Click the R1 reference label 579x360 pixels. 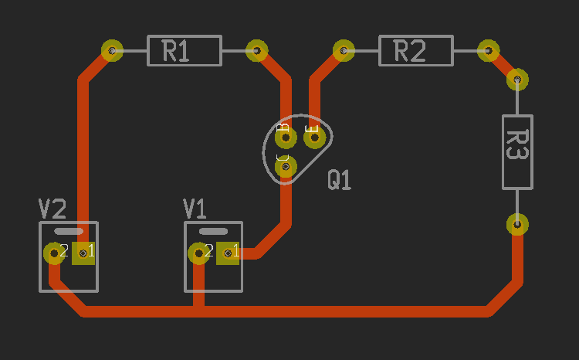click(176, 52)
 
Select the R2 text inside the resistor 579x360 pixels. click(410, 52)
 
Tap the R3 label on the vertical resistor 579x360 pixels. click(516, 144)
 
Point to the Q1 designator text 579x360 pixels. click(340, 181)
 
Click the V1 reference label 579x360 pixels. click(195, 209)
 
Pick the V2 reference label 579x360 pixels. click(52, 209)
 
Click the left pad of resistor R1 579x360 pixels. click(113, 51)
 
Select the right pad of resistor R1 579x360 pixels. click(257, 51)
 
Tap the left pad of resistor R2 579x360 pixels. click(344, 51)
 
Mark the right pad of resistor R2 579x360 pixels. click(488, 51)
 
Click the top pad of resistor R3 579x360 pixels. click(517, 79)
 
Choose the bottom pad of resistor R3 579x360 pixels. click(517, 225)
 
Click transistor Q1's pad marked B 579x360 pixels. click(286, 138)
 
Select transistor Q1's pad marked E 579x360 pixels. click(314, 138)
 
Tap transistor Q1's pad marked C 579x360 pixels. click(286, 165)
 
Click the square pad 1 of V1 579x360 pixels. click(229, 253)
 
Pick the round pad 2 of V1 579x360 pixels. click(199, 253)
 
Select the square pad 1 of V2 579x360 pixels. click(83, 253)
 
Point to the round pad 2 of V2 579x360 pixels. click(54, 253)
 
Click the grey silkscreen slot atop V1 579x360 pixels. click(213, 231)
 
